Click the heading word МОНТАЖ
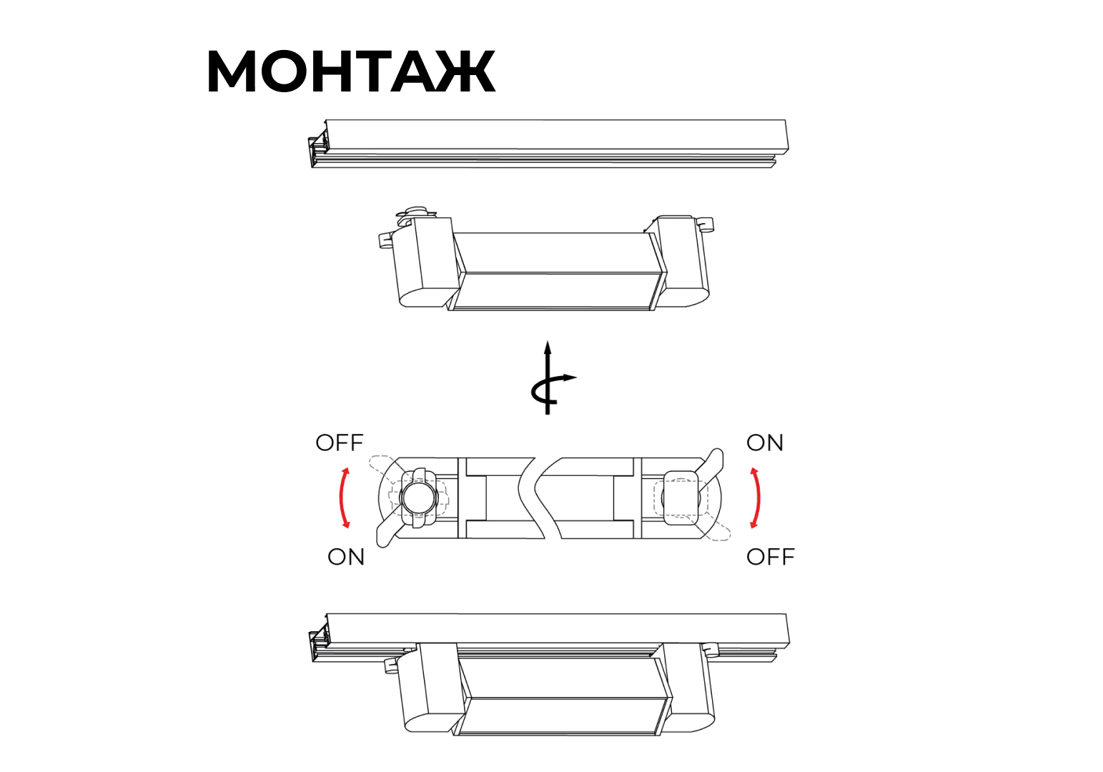click(351, 71)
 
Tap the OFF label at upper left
click(340, 442)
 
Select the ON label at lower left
click(346, 557)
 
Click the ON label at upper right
click(765, 442)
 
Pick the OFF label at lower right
click(771, 557)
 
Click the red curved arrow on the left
click(341, 498)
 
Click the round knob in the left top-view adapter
click(419, 498)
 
